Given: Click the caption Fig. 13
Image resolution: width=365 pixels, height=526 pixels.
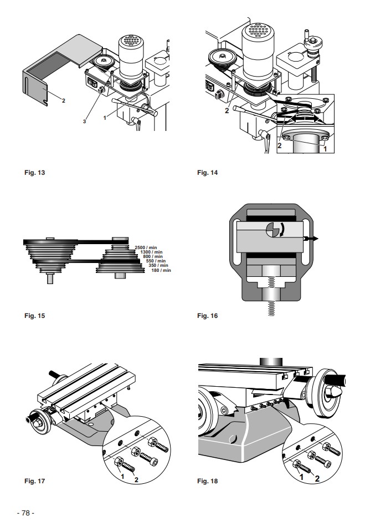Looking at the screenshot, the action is click(34, 173).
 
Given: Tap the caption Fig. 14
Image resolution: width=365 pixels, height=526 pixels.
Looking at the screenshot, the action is click(207, 173).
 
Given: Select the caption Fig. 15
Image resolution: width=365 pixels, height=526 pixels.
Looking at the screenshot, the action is click(34, 316).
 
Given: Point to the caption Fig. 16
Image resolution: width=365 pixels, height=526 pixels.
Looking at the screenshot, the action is click(207, 316).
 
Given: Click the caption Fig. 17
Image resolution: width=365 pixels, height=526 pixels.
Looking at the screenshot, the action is click(34, 481).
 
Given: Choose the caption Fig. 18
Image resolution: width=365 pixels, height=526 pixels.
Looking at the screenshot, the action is click(207, 481).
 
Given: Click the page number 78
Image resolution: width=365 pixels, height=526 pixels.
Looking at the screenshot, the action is click(26, 513).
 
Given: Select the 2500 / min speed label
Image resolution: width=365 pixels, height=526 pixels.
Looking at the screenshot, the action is click(146, 247).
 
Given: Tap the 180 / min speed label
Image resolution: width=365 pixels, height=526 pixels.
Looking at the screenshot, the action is click(161, 270).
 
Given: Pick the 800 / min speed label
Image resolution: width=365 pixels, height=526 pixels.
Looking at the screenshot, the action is click(153, 256).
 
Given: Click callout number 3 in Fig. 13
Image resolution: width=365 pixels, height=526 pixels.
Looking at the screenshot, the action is click(84, 122).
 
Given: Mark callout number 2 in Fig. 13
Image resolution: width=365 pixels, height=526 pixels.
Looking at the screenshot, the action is click(64, 100).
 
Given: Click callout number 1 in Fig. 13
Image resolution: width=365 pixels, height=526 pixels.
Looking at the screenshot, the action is click(105, 118).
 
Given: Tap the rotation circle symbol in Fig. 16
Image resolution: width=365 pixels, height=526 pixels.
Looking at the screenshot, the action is click(273, 230).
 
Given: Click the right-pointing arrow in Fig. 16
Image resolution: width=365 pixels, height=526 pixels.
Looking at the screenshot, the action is click(311, 239).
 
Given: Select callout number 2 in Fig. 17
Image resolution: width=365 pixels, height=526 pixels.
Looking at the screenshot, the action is click(136, 480).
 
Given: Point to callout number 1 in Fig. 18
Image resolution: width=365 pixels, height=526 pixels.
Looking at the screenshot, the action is click(301, 477).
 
